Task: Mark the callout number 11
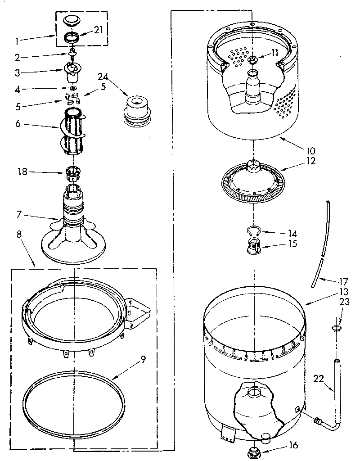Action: [274, 53]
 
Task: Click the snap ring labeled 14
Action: [253, 232]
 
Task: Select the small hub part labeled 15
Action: [255, 246]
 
